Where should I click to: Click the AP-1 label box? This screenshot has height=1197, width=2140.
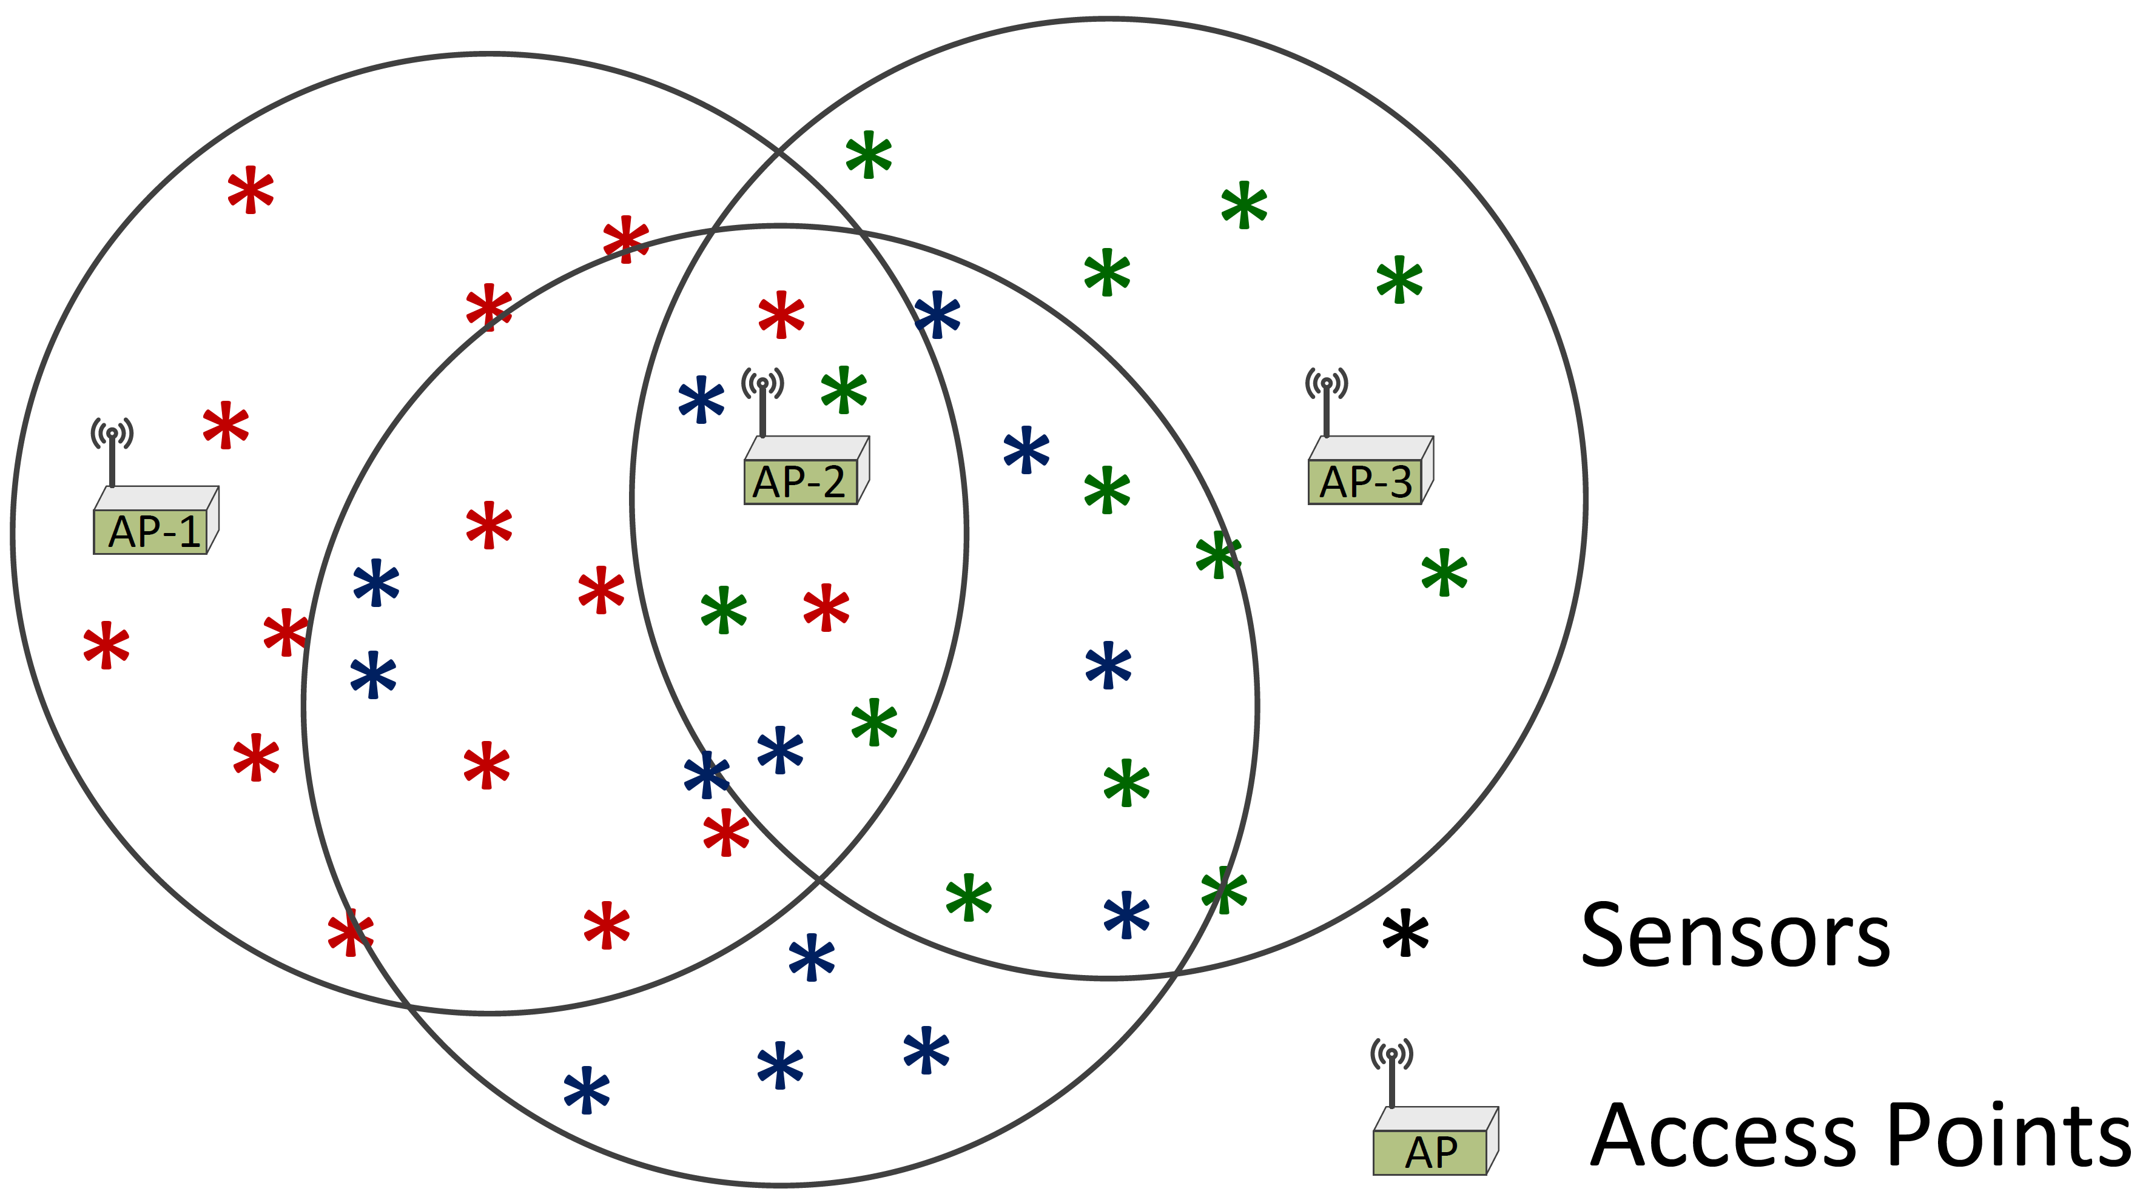coord(151,532)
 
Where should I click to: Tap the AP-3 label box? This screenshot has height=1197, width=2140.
coord(1365,482)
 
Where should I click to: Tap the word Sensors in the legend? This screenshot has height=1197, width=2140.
coord(1735,936)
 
